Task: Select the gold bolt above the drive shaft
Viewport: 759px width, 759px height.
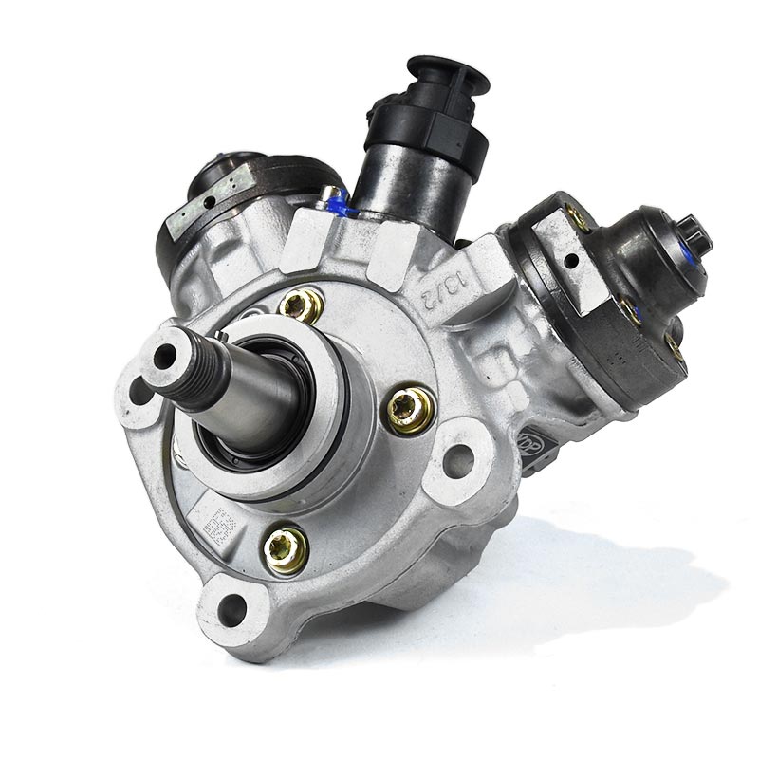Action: [x=302, y=305]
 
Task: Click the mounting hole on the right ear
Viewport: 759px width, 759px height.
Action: [x=458, y=461]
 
